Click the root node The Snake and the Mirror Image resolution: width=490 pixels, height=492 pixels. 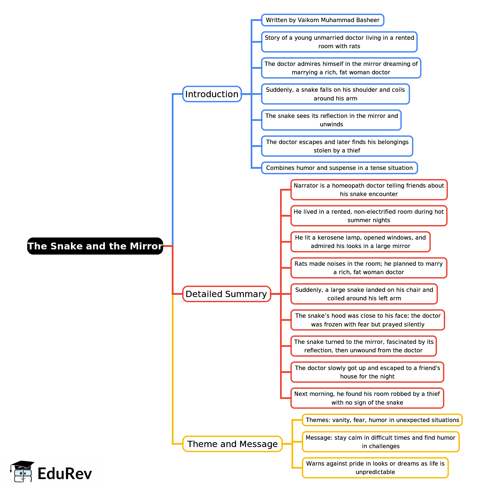95,246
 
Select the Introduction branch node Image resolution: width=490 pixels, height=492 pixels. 212,94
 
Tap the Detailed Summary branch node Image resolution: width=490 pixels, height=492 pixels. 226,294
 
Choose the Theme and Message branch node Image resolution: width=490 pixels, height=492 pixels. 232,444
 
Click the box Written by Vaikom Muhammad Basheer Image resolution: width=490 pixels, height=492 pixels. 322,20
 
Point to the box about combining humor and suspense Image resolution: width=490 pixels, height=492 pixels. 339,168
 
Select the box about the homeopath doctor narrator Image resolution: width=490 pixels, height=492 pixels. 369,190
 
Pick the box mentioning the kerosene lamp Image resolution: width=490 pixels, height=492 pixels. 360,242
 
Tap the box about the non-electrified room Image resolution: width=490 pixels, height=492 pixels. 369,216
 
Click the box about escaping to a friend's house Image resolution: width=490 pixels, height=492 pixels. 367,372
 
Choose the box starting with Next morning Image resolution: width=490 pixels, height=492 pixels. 367,398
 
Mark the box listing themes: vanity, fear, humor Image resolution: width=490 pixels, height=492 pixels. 382,420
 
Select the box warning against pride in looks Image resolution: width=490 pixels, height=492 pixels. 375,468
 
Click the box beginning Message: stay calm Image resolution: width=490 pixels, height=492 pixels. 380,442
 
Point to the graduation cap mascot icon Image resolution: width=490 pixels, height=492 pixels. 22,471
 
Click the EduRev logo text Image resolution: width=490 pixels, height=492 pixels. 65,473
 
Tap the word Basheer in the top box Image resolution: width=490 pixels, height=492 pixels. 369,20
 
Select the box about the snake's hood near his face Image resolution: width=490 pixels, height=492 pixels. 368,320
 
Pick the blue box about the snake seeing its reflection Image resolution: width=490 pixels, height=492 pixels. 331,120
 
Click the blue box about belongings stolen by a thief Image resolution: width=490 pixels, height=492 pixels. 337,146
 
